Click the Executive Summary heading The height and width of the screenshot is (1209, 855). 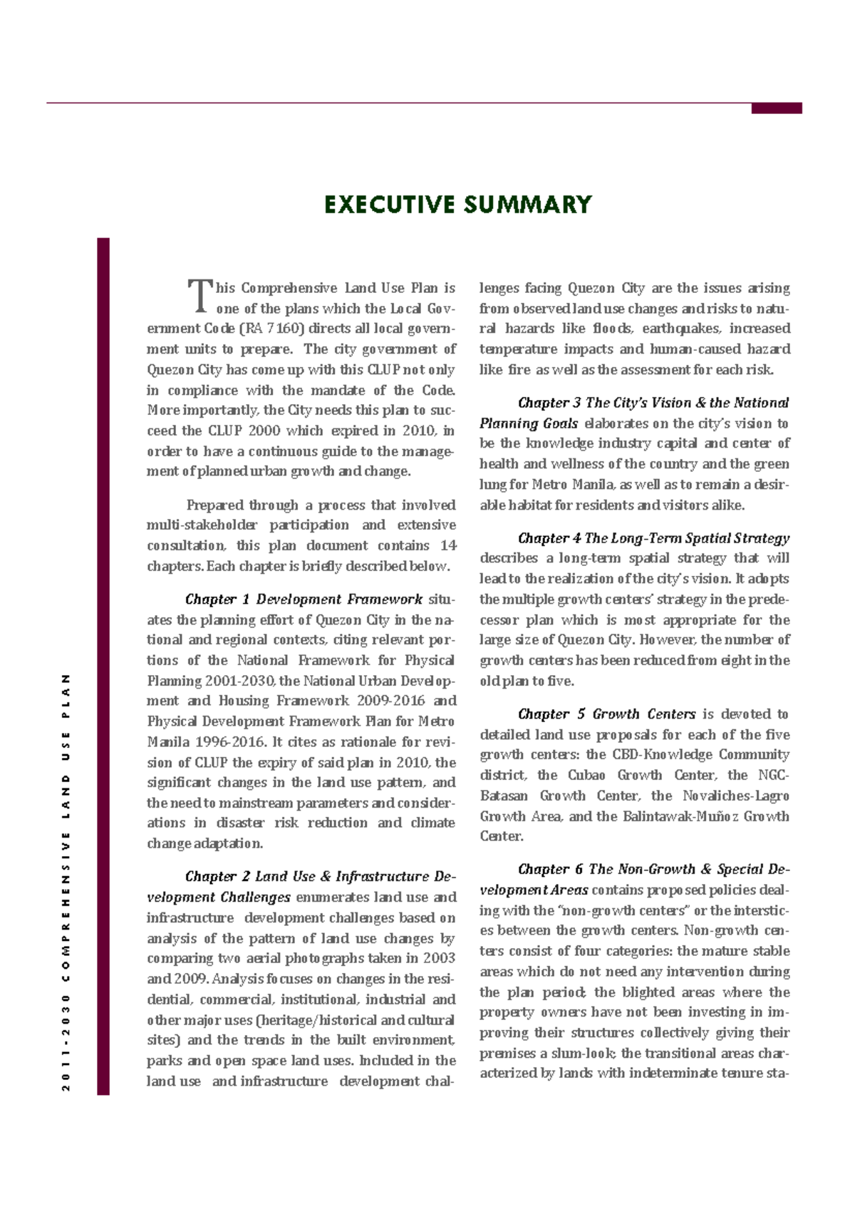pyautogui.click(x=457, y=205)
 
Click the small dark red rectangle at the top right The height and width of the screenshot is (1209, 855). pyautogui.click(x=777, y=108)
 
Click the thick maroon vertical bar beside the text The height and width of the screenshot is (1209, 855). pyautogui.click(x=103, y=666)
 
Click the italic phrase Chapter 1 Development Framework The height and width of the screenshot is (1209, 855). pyautogui.click(x=304, y=600)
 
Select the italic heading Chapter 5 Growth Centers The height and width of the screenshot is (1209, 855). pyautogui.click(x=606, y=714)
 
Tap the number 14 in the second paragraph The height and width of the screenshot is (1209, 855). pyautogui.click(x=448, y=545)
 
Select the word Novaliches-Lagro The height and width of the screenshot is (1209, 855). pyautogui.click(x=735, y=796)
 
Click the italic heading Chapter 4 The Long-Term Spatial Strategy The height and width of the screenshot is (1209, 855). pyautogui.click(x=653, y=538)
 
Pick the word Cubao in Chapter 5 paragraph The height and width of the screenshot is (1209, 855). pyautogui.click(x=586, y=775)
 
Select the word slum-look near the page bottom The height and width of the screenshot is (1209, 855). pyautogui.click(x=586, y=1054)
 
